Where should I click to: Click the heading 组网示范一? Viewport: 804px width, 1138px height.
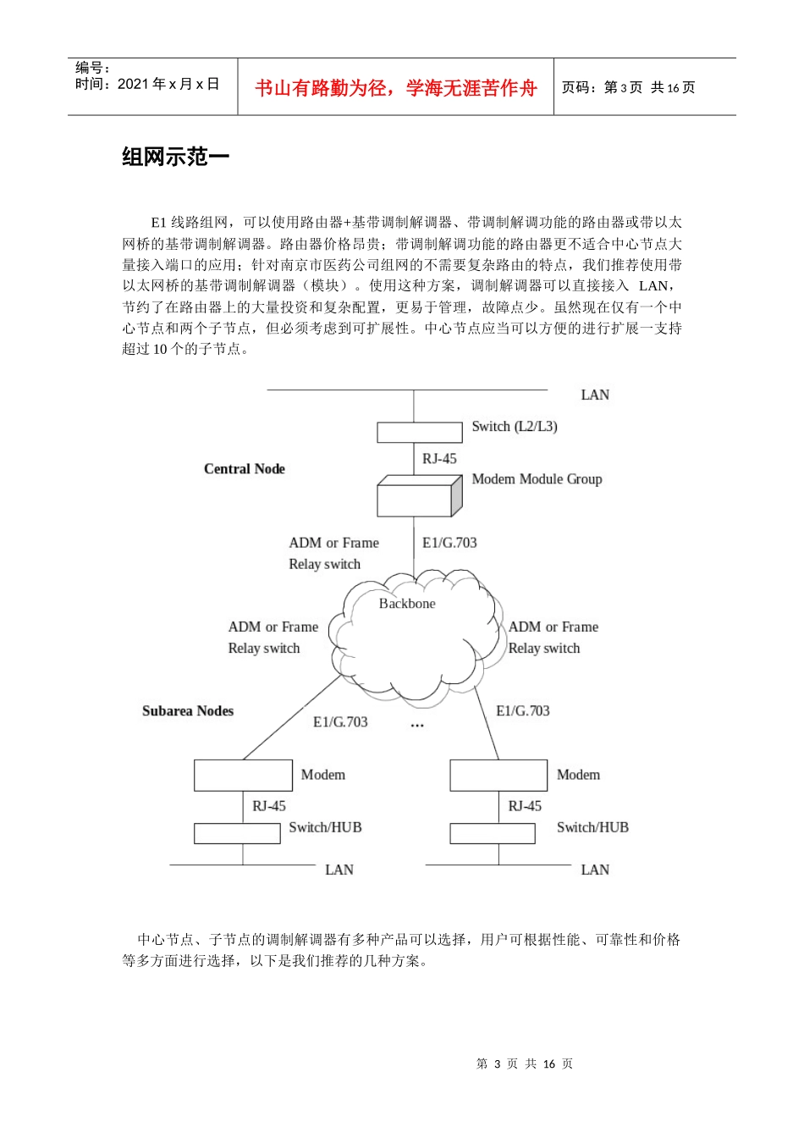[x=175, y=157]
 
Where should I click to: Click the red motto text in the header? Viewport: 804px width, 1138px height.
[x=395, y=88]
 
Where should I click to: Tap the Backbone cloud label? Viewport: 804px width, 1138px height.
[x=407, y=604]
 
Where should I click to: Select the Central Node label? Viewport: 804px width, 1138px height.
[x=244, y=469]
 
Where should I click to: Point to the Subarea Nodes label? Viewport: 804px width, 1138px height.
[x=187, y=711]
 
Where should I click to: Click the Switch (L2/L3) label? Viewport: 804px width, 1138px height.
[x=514, y=427]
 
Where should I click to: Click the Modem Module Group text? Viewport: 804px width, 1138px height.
[x=537, y=479]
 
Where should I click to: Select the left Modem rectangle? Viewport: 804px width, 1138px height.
[x=243, y=776]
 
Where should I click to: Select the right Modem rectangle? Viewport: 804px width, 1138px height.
[x=498, y=776]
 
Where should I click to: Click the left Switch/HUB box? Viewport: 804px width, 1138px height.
[x=237, y=833]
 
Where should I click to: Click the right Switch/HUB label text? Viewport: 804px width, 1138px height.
[x=592, y=828]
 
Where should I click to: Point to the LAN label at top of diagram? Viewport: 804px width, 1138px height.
[x=595, y=395]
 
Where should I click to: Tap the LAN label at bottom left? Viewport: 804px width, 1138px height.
[x=339, y=870]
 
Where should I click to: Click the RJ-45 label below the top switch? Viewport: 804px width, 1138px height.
[x=439, y=459]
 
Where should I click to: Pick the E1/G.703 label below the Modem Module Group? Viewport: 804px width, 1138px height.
[x=449, y=543]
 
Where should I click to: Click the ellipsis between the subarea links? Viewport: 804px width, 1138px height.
[x=417, y=726]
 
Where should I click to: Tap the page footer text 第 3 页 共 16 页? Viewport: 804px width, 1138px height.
[x=525, y=1064]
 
